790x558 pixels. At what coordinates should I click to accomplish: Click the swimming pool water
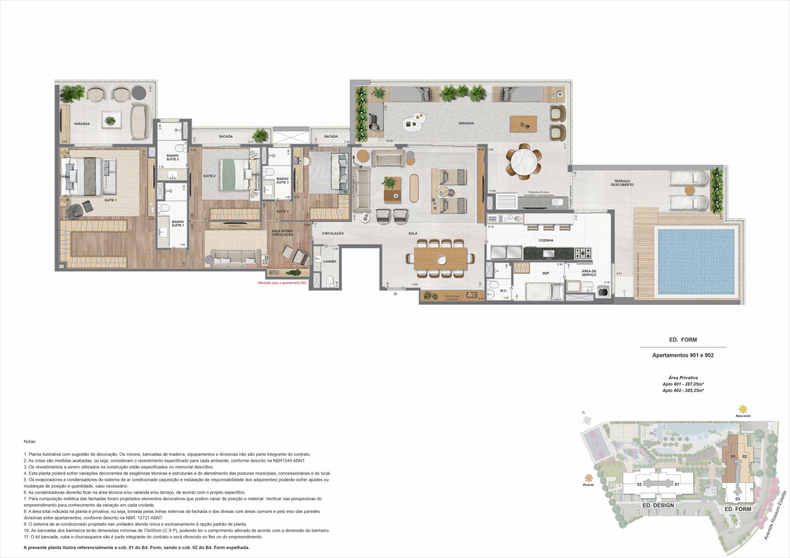[x=696, y=262]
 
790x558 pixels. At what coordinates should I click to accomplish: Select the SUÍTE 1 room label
[x=110, y=200]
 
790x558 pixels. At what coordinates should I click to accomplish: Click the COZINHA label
[x=546, y=240]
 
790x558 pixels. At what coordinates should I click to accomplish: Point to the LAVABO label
[x=329, y=261]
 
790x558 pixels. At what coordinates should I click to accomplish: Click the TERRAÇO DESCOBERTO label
[x=622, y=183]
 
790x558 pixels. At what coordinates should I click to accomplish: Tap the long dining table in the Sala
[x=440, y=258]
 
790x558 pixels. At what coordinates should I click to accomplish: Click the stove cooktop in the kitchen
[x=583, y=252]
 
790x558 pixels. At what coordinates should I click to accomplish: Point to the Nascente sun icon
[x=743, y=410]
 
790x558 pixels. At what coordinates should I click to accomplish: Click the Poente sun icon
[x=589, y=478]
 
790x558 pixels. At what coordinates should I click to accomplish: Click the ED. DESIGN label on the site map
[x=658, y=505]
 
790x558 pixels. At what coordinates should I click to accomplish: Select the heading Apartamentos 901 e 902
[x=683, y=355]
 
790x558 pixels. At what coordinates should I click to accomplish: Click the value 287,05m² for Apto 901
[x=694, y=384]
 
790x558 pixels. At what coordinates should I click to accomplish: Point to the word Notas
[x=30, y=441]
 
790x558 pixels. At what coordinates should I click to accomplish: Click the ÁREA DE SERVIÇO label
[x=589, y=273]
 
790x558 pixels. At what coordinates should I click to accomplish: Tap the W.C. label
[x=503, y=291]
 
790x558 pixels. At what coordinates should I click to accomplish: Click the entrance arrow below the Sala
[x=395, y=294]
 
